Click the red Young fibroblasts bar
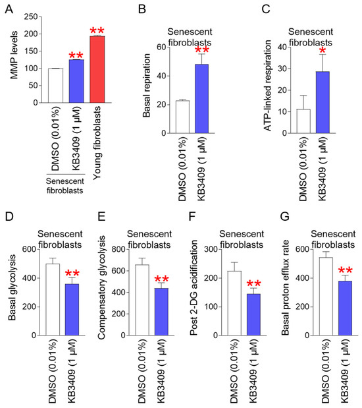point(97,69)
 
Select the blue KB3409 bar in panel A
point(76,81)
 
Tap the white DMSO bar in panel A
point(55,86)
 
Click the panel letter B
point(142,9)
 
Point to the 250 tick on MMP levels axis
point(31,17)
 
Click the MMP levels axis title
point(14,55)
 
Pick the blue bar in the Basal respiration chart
point(201,99)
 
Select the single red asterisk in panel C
point(323,50)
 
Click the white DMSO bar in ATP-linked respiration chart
point(303,121)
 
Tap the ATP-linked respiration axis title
point(267,86)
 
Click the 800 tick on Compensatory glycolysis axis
point(118,250)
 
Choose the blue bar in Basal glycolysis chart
point(72,310)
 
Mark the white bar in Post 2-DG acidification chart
point(234,303)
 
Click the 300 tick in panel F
point(211,250)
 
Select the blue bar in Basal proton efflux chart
point(346,308)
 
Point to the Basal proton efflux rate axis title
point(285,288)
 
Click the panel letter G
point(285,216)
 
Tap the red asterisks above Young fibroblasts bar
point(97,30)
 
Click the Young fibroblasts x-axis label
point(97,142)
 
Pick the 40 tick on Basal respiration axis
point(161,76)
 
